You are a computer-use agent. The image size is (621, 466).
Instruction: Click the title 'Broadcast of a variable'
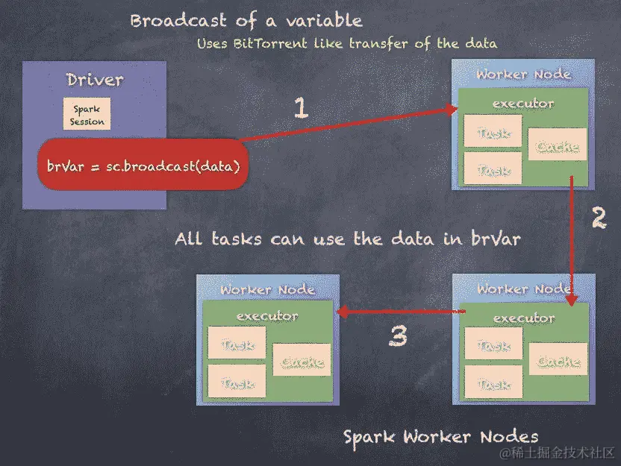(246, 20)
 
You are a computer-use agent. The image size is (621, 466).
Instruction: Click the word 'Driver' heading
(95, 80)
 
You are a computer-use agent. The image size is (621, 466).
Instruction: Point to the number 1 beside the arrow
(300, 109)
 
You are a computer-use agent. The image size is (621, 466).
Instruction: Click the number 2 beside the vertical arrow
(599, 217)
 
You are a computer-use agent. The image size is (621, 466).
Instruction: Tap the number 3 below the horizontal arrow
(399, 337)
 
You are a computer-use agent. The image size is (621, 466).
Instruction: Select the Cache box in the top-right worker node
(558, 145)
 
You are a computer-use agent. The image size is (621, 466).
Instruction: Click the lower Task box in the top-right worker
(492, 169)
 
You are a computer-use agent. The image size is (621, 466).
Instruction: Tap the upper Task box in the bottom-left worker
(237, 344)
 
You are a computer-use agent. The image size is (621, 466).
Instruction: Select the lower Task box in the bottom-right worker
(493, 383)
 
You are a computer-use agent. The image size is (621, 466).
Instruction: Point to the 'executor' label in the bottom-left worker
(266, 315)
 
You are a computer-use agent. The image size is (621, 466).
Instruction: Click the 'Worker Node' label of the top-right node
(523, 74)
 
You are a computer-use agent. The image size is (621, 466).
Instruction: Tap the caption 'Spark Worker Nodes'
(440, 436)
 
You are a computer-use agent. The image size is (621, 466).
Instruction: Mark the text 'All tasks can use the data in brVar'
(347, 239)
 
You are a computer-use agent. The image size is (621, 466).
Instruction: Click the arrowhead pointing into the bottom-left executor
(341, 313)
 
